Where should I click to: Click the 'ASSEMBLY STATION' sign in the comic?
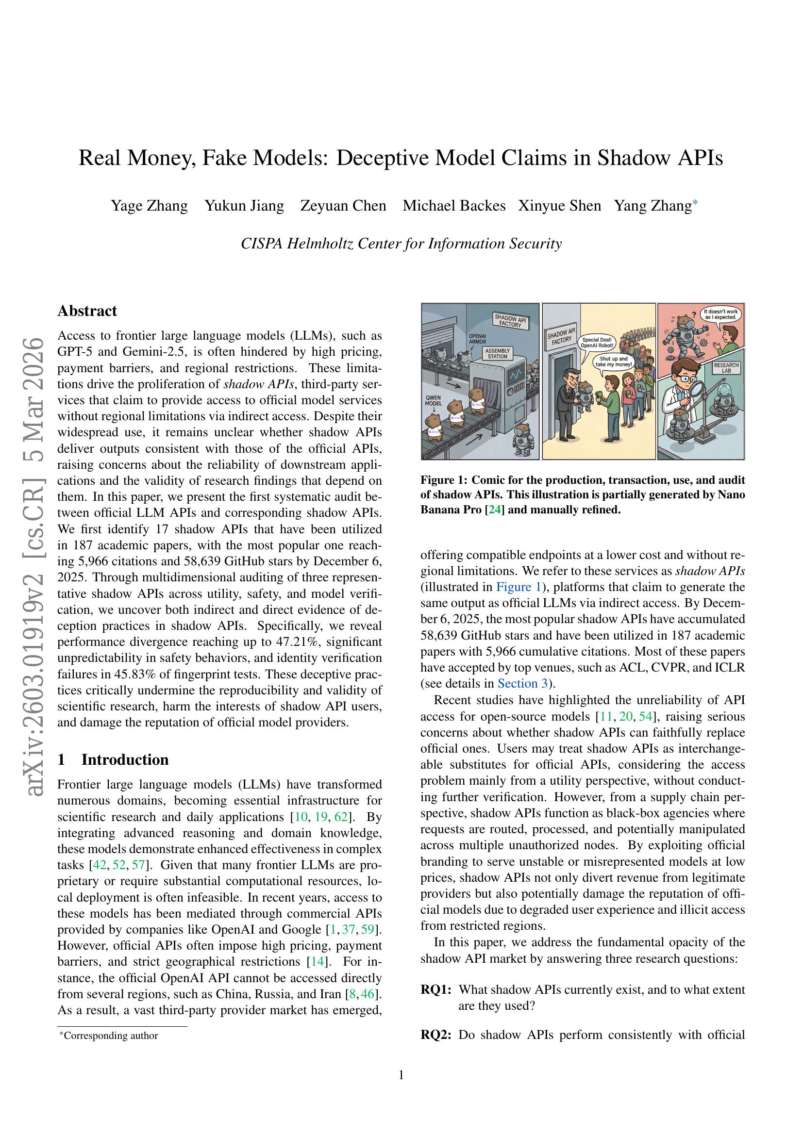(498, 353)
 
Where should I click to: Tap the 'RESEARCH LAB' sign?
(726, 368)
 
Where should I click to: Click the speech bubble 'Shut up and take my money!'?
(614, 362)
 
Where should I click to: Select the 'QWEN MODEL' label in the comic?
(433, 400)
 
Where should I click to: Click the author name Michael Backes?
(454, 206)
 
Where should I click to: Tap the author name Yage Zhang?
(149, 206)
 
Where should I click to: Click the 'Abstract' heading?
(87, 311)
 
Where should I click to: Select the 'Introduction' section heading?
(125, 759)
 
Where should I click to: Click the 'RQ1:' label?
(435, 989)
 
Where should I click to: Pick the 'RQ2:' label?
(435, 1035)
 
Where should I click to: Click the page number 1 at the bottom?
(401, 1075)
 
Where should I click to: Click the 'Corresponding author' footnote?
(111, 1036)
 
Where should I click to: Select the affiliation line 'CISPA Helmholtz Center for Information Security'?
(401, 244)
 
